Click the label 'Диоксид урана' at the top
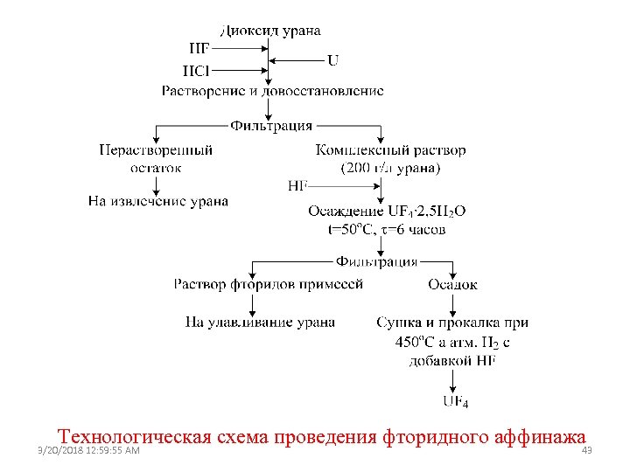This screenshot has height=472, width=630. coord(270,31)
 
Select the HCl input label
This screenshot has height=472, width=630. coord(197,71)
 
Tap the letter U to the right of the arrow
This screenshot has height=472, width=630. coord(333,60)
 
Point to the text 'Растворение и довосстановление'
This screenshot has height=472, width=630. coord(272,91)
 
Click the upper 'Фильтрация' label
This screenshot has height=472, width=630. coord(271,126)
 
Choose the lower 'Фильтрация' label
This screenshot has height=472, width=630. coord(377,261)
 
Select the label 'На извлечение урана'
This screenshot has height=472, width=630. coord(158,202)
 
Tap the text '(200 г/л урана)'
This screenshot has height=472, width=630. coord(390,168)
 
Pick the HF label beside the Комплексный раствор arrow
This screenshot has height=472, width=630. coord(297,186)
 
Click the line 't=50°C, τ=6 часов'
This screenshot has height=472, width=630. coord(386,230)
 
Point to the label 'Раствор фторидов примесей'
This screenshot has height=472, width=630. coord(268,284)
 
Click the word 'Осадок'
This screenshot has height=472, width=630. coord(452,284)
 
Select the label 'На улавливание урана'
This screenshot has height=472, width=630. coord(260,323)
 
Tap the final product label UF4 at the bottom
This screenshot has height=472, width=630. coord(455,403)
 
